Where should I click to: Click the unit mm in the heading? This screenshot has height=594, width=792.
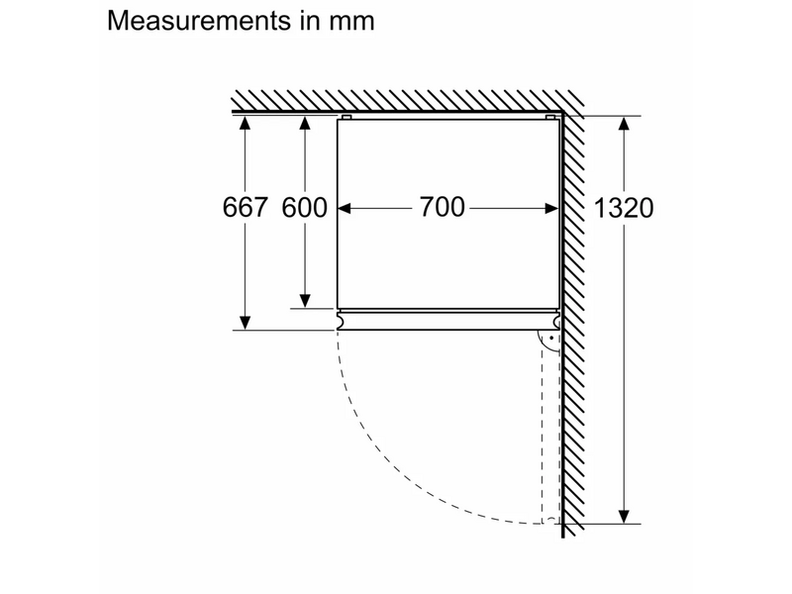[350, 21]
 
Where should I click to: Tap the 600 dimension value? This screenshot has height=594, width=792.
[304, 208]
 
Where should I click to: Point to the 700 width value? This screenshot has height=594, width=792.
[442, 208]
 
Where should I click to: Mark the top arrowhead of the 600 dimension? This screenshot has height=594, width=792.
[305, 123]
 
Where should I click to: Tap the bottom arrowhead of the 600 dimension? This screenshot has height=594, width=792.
[305, 300]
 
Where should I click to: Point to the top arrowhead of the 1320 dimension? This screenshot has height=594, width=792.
[624, 123]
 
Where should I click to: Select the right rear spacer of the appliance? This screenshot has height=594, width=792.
[549, 119]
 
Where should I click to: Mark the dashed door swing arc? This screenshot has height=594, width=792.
[396, 475]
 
